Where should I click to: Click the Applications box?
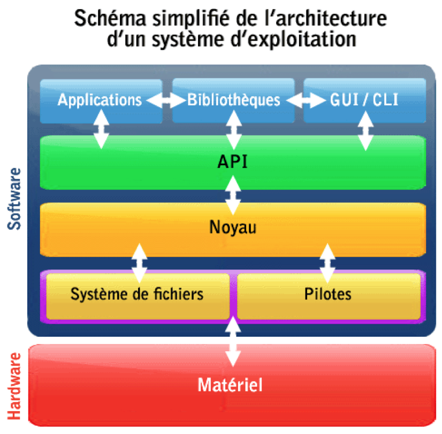tap(100, 100)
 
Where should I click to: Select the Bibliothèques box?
tap(233, 100)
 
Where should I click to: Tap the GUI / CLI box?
tap(363, 100)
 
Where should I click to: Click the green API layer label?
tap(233, 162)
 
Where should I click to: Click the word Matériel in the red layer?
tap(230, 384)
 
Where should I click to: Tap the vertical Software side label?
tap(16, 199)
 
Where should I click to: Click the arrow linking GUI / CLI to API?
tap(366, 130)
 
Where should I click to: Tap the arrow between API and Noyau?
tap(233, 196)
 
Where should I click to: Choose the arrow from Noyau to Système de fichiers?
tap(140, 263)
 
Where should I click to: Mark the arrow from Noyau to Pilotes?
tap(327, 263)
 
